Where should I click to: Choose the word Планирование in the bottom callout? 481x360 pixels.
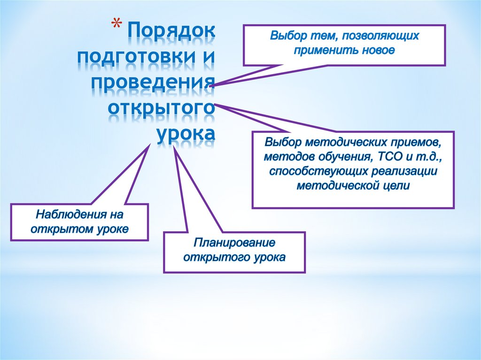[x=234, y=243]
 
